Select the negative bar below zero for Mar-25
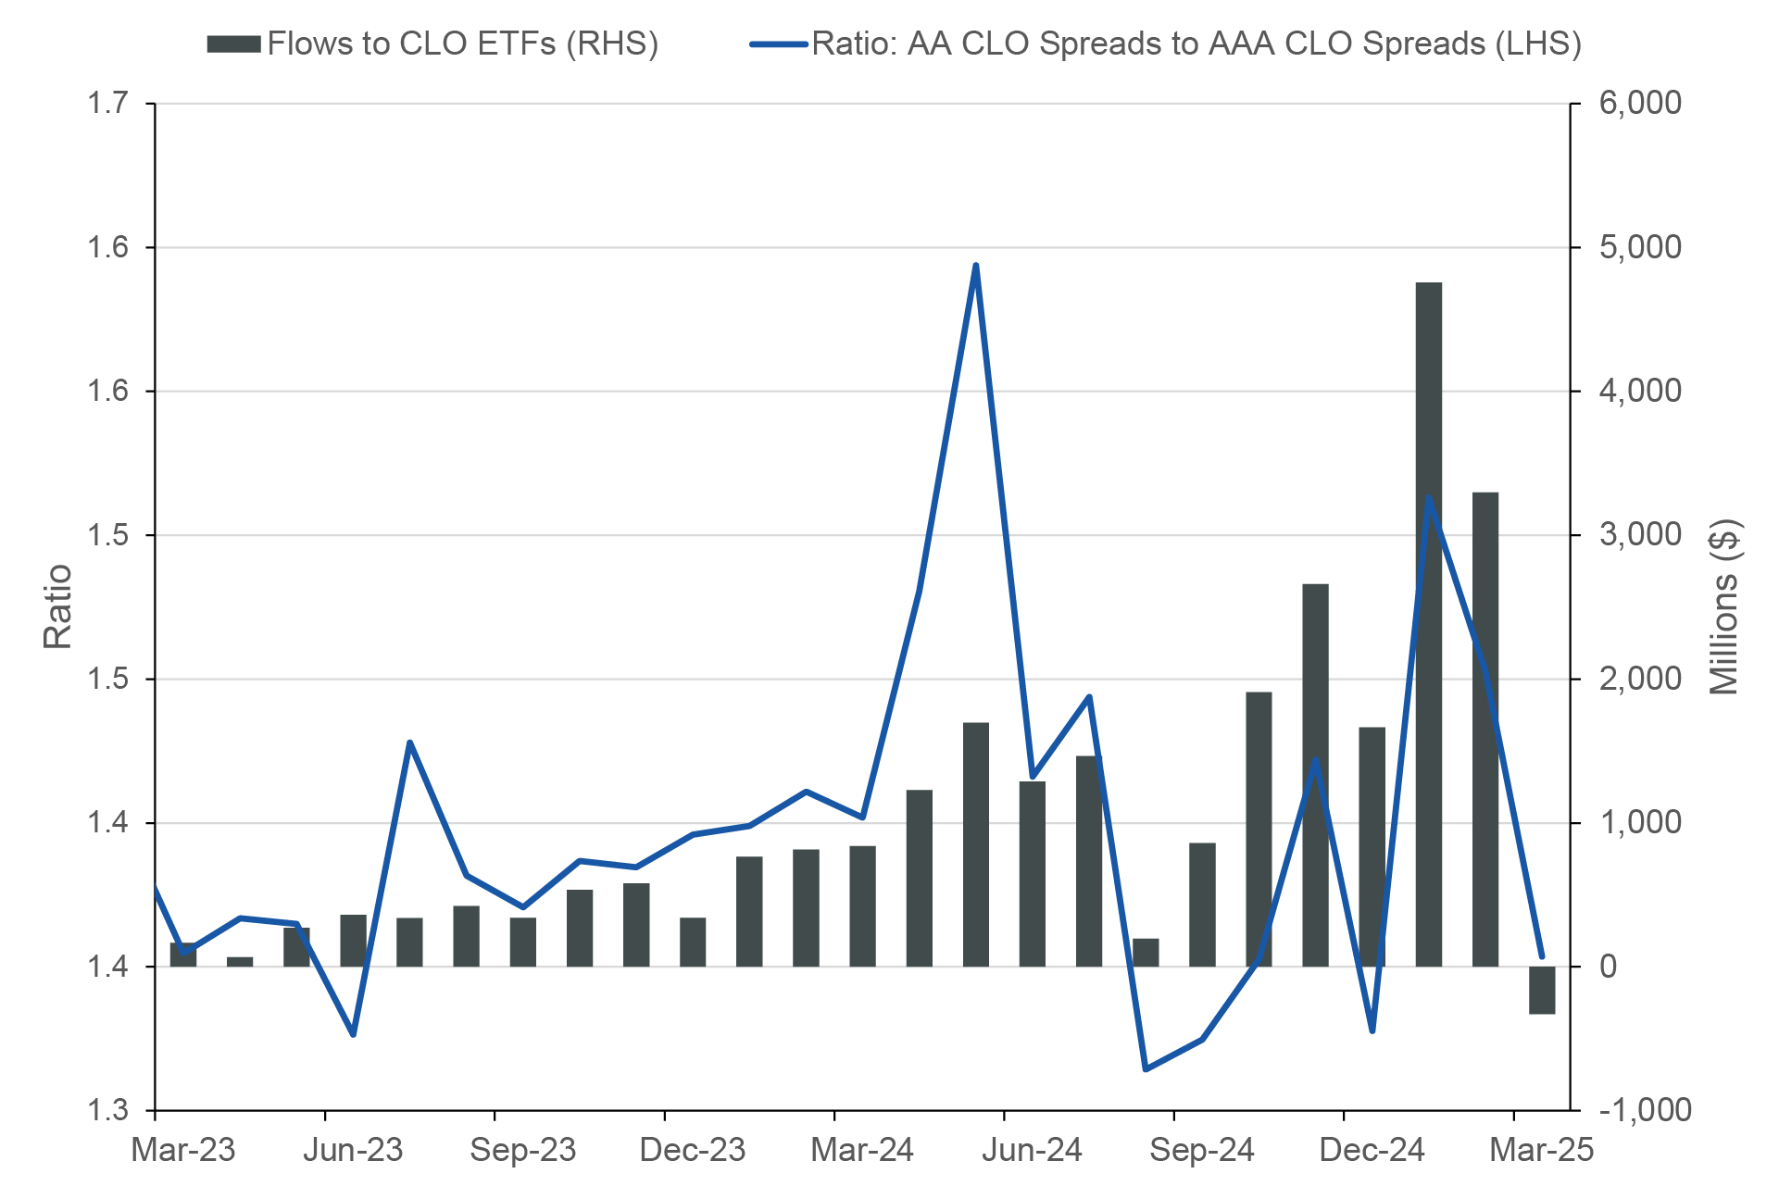[x=1541, y=990]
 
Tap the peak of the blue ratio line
[x=976, y=267]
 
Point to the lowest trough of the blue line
[x=1146, y=1069]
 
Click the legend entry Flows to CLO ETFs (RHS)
[x=432, y=44]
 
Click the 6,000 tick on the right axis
[x=1640, y=103]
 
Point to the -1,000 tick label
[x=1646, y=1109]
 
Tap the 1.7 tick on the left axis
[x=107, y=103]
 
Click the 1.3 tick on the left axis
[x=107, y=1109]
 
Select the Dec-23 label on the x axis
[x=693, y=1150]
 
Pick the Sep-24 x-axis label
[x=1202, y=1150]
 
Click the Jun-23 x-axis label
[x=353, y=1150]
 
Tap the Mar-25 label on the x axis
[x=1541, y=1150]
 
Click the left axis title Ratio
[x=57, y=606]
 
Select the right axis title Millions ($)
[x=1724, y=606]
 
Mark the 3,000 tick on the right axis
[x=1640, y=534]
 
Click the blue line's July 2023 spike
[x=409, y=743]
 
